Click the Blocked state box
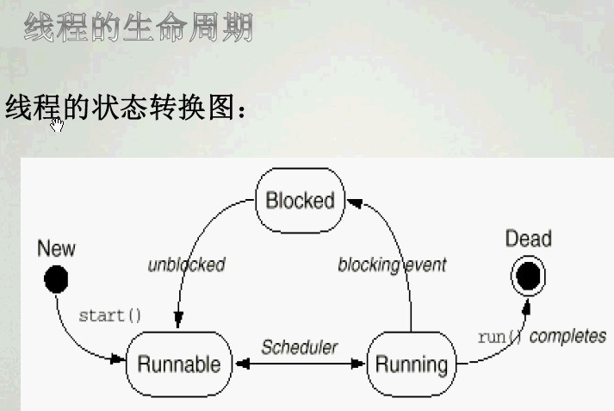click(x=300, y=201)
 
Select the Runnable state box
click(x=179, y=364)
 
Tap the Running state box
click(x=412, y=364)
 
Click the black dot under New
click(x=56, y=279)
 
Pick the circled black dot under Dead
click(x=528, y=276)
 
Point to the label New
click(x=56, y=249)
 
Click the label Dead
click(x=528, y=240)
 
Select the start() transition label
click(x=110, y=315)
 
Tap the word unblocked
click(x=186, y=265)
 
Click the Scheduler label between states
click(x=300, y=347)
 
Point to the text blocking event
click(x=392, y=265)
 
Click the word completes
click(x=567, y=336)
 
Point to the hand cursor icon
click(x=57, y=126)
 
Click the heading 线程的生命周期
click(x=139, y=28)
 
